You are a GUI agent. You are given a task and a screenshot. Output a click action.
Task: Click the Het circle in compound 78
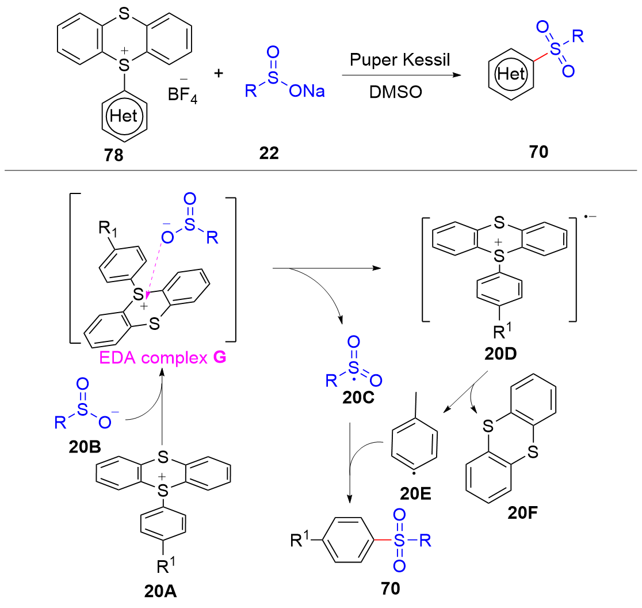124,116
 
